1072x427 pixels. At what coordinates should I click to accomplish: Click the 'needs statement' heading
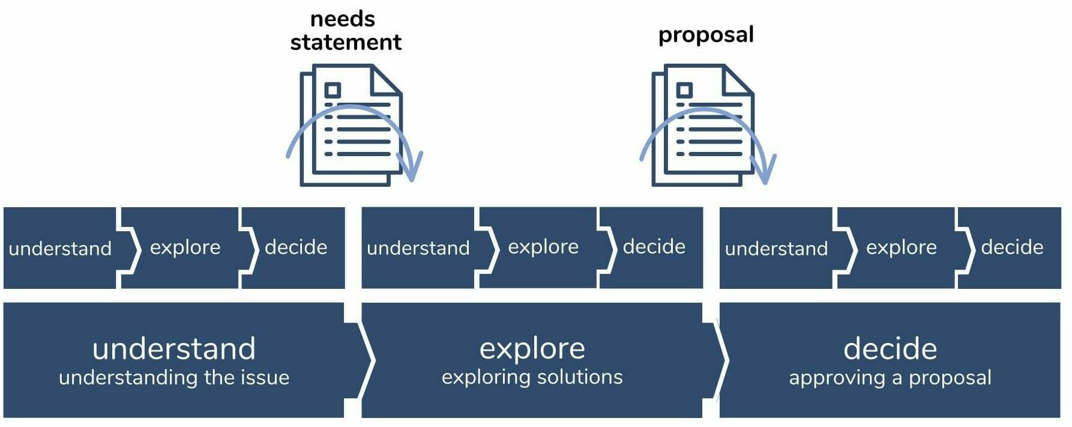point(345,31)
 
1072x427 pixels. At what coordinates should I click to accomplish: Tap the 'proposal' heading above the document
point(706,35)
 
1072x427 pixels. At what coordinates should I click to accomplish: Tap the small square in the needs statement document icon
point(332,90)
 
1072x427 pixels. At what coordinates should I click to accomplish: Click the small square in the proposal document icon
point(684,90)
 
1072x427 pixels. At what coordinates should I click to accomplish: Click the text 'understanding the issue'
point(174,377)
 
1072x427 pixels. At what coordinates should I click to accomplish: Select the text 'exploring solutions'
point(532,377)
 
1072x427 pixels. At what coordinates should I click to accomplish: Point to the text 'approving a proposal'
point(890,377)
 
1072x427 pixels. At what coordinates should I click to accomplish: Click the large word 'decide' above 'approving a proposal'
point(890,349)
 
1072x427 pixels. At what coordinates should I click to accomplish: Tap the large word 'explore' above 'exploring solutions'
point(532,348)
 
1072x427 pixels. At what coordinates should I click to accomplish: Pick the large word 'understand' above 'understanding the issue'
point(174,349)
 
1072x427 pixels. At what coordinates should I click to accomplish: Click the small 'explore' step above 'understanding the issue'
point(185,247)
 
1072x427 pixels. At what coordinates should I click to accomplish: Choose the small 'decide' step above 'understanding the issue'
point(296,247)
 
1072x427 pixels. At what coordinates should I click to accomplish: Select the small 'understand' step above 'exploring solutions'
point(418,247)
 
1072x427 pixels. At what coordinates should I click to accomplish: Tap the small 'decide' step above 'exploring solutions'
point(654,247)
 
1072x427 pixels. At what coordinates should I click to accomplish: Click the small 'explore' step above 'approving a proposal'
point(901,247)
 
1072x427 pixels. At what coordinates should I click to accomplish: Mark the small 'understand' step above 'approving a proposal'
point(776,248)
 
